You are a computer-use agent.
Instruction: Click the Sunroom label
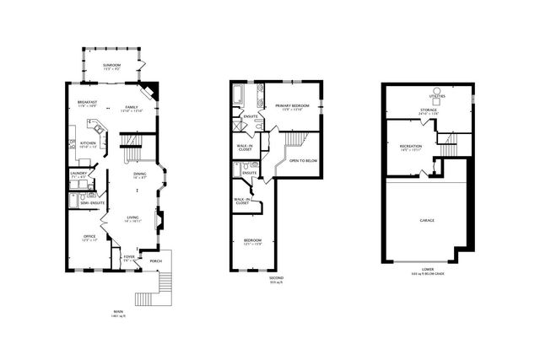(x=112, y=64)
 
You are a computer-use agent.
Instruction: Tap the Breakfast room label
(x=87, y=102)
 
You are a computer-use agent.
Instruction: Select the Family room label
(x=132, y=107)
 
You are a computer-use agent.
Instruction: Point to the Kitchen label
(x=89, y=142)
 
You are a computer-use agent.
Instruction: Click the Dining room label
(x=139, y=175)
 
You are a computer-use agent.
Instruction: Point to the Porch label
(x=155, y=261)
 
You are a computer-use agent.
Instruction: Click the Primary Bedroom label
(x=292, y=105)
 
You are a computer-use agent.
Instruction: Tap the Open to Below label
(x=301, y=159)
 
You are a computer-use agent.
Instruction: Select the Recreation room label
(x=411, y=147)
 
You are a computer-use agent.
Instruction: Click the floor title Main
(x=117, y=311)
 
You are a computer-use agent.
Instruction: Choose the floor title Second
(x=276, y=277)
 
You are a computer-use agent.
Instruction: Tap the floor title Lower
(x=428, y=269)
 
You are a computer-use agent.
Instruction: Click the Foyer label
(x=129, y=256)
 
